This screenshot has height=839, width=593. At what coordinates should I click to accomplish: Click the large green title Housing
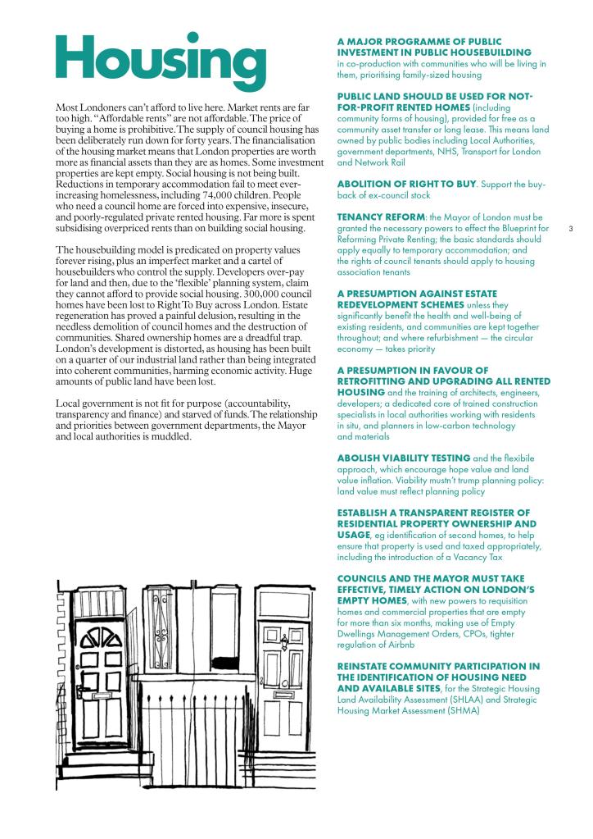pos(161,59)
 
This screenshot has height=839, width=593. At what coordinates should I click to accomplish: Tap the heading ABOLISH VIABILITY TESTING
pos(404,457)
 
